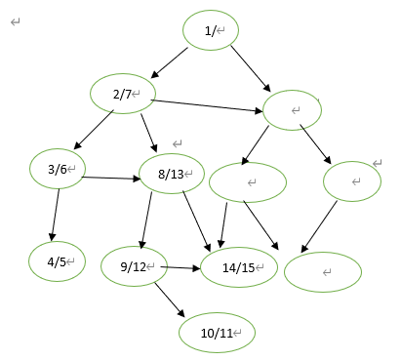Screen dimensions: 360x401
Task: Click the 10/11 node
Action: click(x=217, y=332)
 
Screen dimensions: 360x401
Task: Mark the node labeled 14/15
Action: click(x=239, y=265)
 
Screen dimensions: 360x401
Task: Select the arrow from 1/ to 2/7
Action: click(x=169, y=60)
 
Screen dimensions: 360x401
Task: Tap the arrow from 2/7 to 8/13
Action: click(x=148, y=133)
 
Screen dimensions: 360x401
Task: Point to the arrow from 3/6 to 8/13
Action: click(x=110, y=178)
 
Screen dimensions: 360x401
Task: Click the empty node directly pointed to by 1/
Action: click(x=293, y=109)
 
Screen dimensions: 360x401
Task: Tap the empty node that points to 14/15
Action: click(x=248, y=181)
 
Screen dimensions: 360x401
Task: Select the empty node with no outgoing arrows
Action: click(x=322, y=270)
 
